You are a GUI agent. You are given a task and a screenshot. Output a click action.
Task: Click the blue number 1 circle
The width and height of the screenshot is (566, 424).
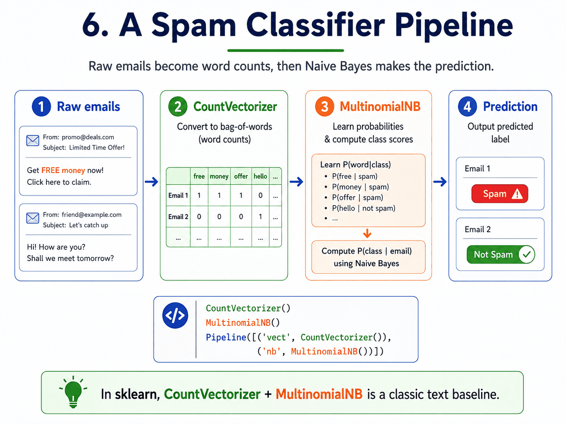click(41, 106)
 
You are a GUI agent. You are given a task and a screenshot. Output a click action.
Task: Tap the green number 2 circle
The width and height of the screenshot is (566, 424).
click(177, 106)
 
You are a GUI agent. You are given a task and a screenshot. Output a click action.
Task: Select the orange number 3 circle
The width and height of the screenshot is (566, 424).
click(324, 106)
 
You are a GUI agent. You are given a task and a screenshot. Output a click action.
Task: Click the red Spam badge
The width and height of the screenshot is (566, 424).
click(500, 194)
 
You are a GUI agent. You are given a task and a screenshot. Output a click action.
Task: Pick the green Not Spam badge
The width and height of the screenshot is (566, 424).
click(500, 254)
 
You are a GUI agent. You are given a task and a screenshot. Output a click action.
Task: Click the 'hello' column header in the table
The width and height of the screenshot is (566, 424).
click(260, 176)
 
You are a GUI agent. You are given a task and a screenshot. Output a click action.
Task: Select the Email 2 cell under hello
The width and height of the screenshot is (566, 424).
click(260, 217)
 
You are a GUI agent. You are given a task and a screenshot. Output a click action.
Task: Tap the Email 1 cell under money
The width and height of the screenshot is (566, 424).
click(219, 195)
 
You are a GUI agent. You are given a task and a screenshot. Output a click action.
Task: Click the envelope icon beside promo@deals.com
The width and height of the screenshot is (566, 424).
click(33, 141)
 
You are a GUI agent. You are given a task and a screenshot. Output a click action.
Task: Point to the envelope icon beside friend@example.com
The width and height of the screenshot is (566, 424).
click(33, 218)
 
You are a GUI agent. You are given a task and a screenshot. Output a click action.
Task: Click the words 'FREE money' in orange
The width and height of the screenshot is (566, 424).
click(63, 170)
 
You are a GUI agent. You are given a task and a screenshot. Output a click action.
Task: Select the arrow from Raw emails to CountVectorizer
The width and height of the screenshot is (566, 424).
click(151, 182)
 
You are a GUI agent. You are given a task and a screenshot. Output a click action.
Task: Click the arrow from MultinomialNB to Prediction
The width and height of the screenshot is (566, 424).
click(440, 182)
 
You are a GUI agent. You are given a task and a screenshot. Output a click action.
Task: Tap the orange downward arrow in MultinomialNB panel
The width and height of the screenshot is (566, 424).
click(367, 233)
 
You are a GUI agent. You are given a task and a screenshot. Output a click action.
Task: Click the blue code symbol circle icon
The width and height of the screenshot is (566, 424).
click(175, 315)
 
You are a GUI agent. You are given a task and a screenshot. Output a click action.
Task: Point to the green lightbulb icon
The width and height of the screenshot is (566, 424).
click(73, 392)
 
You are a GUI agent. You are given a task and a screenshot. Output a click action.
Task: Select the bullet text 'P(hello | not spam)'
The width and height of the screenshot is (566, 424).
click(364, 208)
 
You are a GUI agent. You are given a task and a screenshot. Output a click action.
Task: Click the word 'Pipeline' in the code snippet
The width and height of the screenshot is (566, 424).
click(226, 337)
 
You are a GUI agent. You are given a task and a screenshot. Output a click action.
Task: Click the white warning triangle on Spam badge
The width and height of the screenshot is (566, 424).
click(517, 194)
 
